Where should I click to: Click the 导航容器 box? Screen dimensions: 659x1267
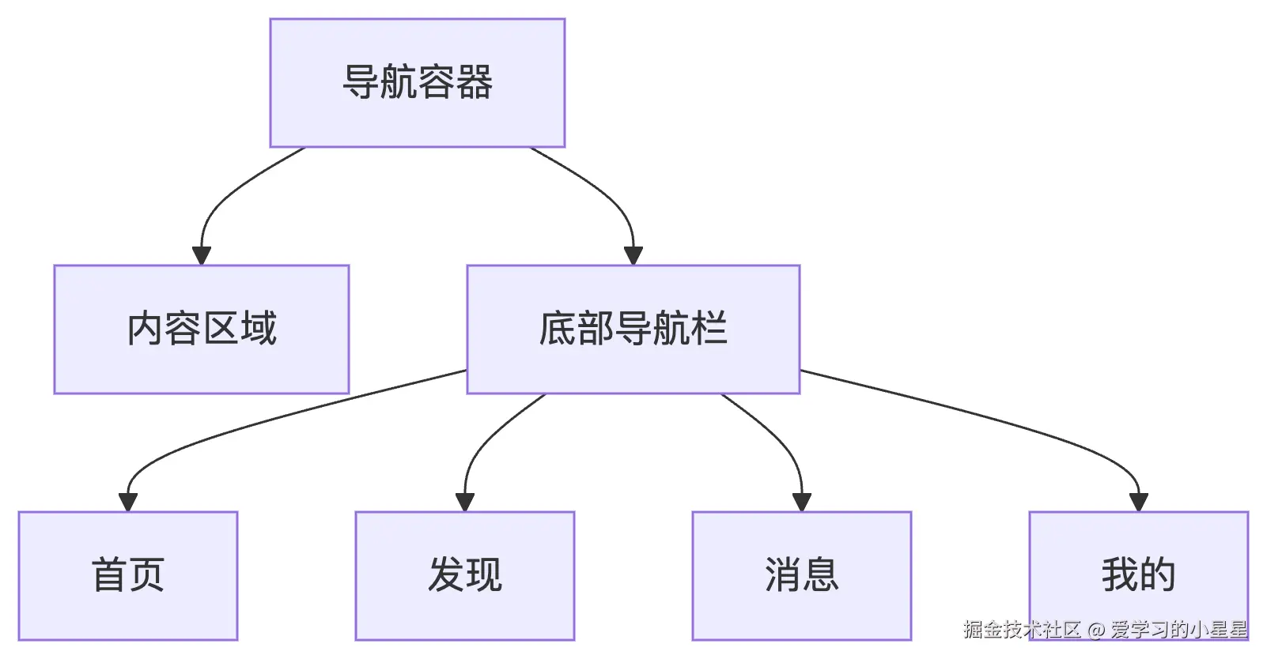click(418, 83)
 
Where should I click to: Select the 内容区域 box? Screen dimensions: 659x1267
click(202, 329)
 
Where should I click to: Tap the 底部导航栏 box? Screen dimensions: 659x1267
click(633, 329)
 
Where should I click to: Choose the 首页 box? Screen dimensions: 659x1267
click(128, 575)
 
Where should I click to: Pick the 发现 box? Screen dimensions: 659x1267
click(465, 575)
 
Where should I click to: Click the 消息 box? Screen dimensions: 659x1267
click(801, 575)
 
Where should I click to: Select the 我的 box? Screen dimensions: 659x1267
click(1139, 575)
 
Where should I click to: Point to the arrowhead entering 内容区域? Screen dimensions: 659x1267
click(202, 256)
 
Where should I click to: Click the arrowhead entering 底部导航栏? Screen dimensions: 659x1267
click(633, 256)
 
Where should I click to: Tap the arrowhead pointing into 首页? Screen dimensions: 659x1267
click(128, 503)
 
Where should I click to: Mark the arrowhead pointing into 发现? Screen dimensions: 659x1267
click(465, 503)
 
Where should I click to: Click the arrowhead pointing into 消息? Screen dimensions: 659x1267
click(802, 503)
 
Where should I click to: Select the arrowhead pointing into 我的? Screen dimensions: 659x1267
click(1139, 503)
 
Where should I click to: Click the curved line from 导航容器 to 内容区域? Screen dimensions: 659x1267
click(229, 190)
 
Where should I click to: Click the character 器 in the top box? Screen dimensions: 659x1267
click(475, 83)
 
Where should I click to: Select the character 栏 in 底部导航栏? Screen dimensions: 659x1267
click(709, 329)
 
